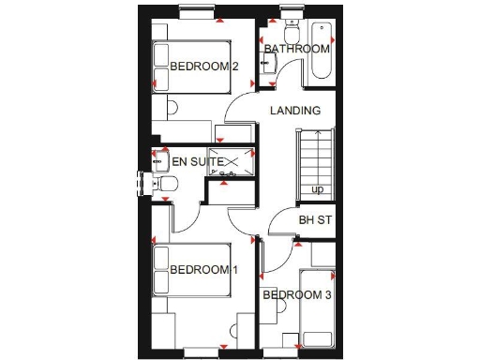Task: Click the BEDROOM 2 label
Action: point(204,67)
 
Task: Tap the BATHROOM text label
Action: point(296,49)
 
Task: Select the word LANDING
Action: point(295,111)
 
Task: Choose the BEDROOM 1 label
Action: point(204,270)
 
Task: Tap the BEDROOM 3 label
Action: point(296,296)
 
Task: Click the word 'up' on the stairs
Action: point(318,190)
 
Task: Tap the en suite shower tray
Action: point(231,162)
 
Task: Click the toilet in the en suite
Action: point(161,186)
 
